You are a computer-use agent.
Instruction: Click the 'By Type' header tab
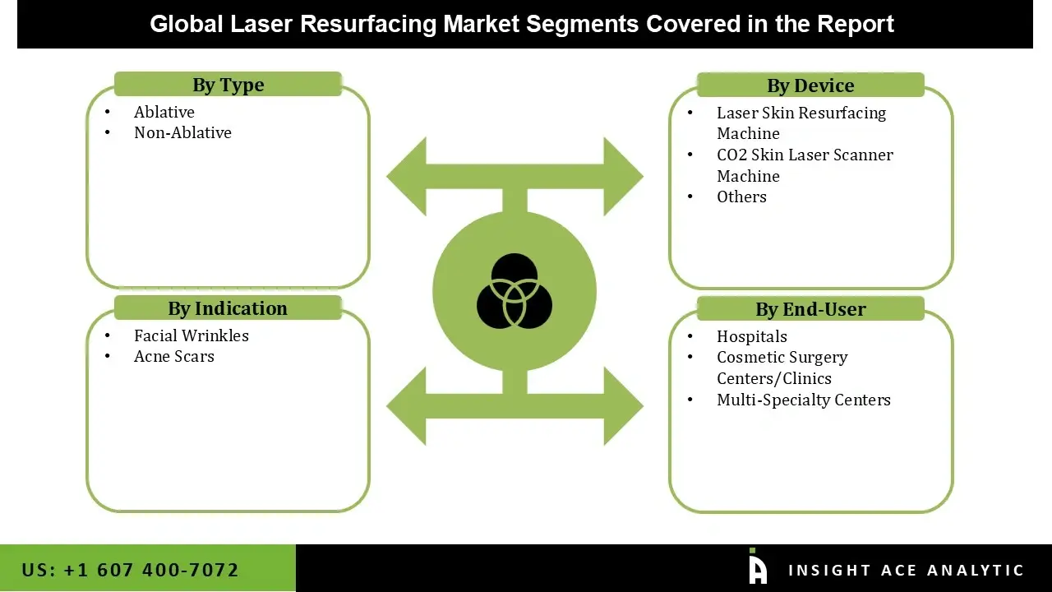click(x=228, y=85)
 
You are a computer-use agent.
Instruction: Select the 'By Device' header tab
click(x=810, y=86)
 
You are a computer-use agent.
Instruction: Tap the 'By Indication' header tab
click(x=228, y=308)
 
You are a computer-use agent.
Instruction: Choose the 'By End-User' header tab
click(x=810, y=309)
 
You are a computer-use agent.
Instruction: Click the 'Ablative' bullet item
click(x=164, y=112)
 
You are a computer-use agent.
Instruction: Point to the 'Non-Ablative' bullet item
click(x=182, y=132)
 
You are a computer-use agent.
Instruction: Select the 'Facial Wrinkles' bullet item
click(x=191, y=335)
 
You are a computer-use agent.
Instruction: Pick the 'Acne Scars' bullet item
click(x=174, y=356)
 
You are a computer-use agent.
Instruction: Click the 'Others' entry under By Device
click(x=741, y=197)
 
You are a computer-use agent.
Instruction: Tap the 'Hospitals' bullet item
click(x=752, y=336)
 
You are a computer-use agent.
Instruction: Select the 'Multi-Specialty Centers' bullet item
click(x=804, y=400)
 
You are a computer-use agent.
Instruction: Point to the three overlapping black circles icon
click(x=514, y=291)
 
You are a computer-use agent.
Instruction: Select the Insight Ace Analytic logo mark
click(x=758, y=568)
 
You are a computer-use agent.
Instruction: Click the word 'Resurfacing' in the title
click(x=368, y=24)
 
